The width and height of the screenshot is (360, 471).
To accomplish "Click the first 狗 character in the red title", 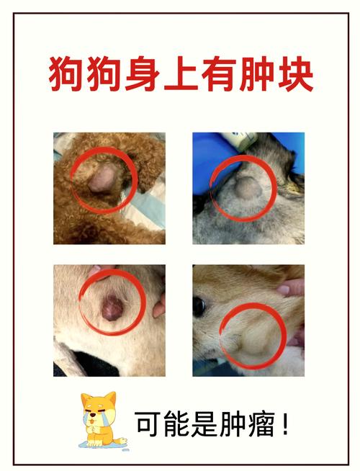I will click(x=66, y=73).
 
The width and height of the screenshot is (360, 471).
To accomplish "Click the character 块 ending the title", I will click(x=295, y=73).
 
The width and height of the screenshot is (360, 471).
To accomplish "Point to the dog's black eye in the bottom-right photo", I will click(x=198, y=306).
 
